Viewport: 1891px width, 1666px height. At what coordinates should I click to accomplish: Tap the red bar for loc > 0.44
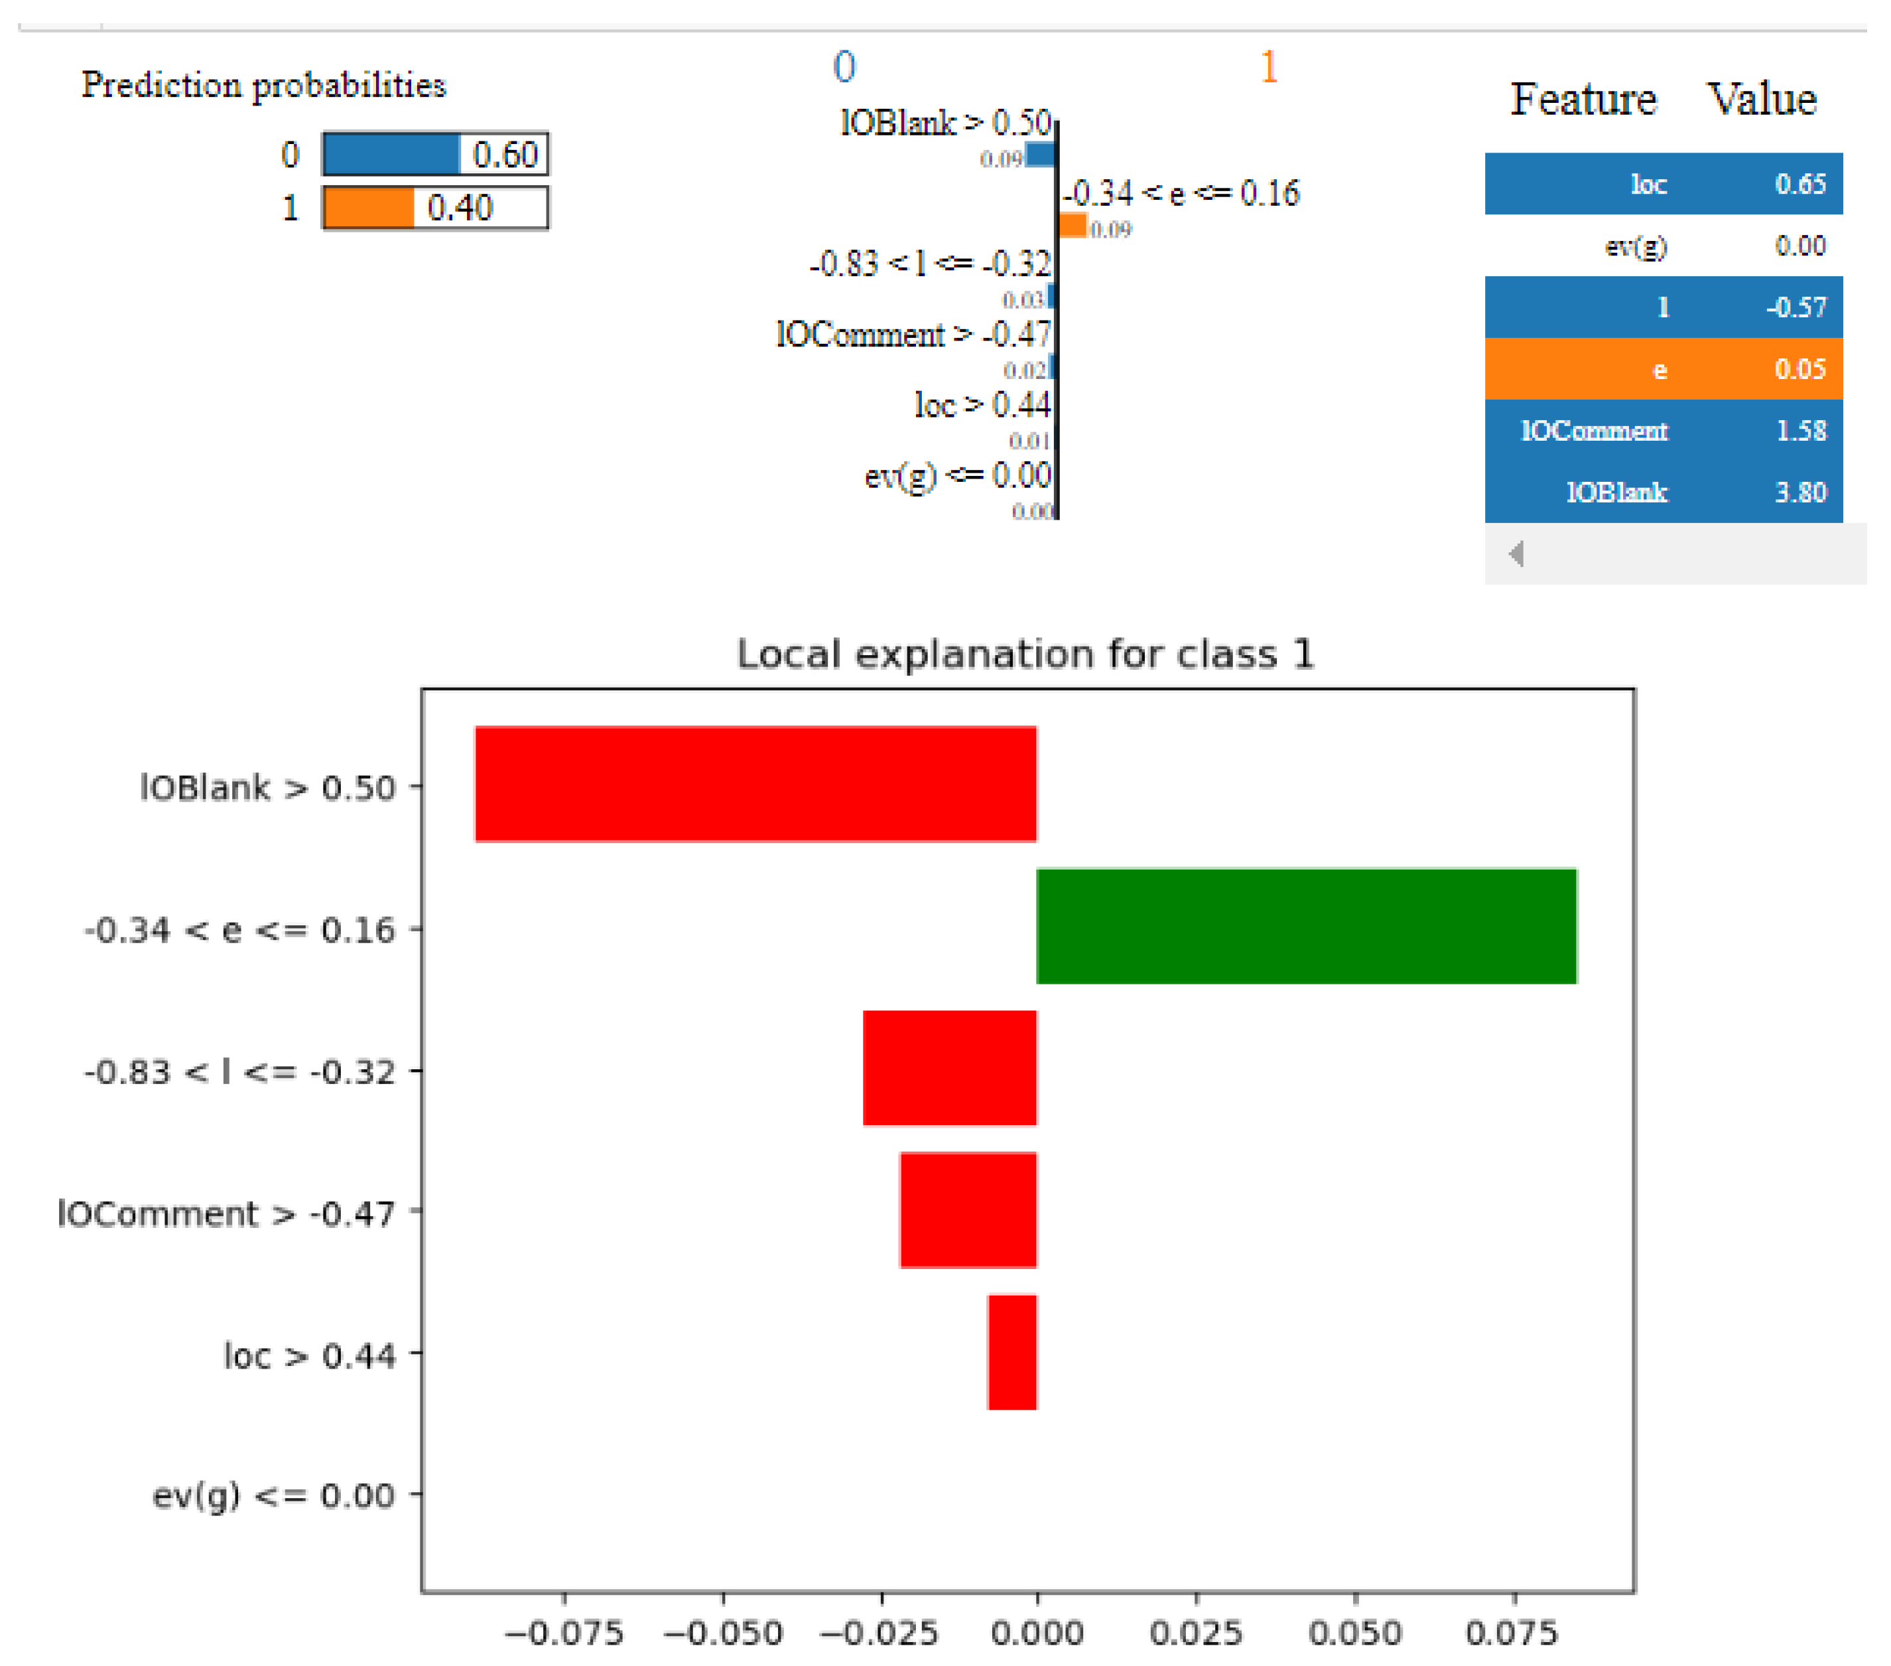[x=1011, y=1351]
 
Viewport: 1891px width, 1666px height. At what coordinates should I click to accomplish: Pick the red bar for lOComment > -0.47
[x=968, y=1210]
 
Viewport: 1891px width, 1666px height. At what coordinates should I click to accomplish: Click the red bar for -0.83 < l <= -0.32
[x=949, y=1067]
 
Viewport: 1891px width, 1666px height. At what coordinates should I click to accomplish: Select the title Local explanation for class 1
[x=1024, y=654]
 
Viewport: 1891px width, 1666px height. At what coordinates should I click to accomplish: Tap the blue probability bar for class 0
[x=391, y=153]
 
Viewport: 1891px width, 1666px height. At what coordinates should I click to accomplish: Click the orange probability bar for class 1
[x=368, y=207]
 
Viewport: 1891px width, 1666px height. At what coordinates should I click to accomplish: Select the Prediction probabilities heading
[x=264, y=85]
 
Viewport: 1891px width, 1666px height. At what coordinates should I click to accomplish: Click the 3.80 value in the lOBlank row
[x=1799, y=491]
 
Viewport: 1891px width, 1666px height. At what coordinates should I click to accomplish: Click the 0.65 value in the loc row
[x=1799, y=183]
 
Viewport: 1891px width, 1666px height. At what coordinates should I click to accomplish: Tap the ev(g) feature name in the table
[x=1635, y=246]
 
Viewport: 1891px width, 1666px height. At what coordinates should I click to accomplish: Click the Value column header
[x=1760, y=99]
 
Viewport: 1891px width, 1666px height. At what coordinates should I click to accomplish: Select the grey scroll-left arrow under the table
[x=1516, y=554]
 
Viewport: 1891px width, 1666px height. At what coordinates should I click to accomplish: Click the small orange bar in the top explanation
[x=1073, y=225]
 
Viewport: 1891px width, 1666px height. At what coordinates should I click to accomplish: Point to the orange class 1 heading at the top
[x=1268, y=66]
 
